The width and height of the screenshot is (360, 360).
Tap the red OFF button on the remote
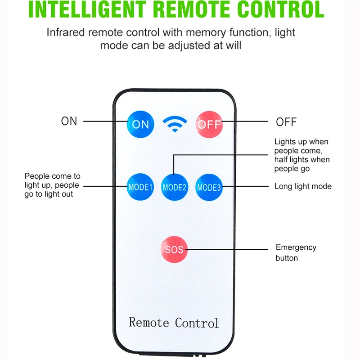[x=209, y=125]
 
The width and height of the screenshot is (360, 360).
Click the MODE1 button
[x=140, y=187]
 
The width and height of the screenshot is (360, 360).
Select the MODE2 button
[x=175, y=187]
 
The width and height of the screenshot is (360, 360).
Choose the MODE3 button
[x=209, y=187]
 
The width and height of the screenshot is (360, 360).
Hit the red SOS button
[x=174, y=249]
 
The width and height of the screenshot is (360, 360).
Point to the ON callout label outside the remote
[x=69, y=121]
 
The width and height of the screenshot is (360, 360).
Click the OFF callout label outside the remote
[x=286, y=122]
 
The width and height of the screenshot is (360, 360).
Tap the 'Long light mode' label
[x=303, y=186]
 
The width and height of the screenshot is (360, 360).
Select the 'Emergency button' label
[x=296, y=252]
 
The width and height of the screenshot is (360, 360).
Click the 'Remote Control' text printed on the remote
[x=174, y=322]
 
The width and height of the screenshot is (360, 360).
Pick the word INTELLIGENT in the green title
[x=87, y=9]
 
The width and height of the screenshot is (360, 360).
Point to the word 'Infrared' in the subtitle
[x=66, y=32]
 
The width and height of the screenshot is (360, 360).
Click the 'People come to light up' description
[x=52, y=185]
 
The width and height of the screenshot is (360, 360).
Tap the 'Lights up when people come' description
[x=302, y=155]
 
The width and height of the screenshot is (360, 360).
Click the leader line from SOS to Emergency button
[x=227, y=249]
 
